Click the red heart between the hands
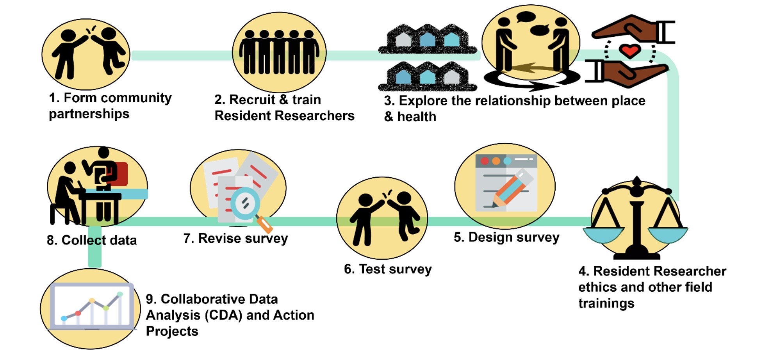(x=629, y=51)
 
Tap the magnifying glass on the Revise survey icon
(x=245, y=203)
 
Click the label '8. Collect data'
(x=92, y=240)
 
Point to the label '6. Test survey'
(x=388, y=269)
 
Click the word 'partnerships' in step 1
(x=89, y=114)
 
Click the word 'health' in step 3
(x=417, y=116)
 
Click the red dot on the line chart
(x=78, y=313)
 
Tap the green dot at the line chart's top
(x=120, y=294)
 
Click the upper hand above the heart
(x=629, y=29)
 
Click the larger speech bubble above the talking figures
(x=526, y=17)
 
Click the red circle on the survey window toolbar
(x=485, y=161)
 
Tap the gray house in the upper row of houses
(x=403, y=40)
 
